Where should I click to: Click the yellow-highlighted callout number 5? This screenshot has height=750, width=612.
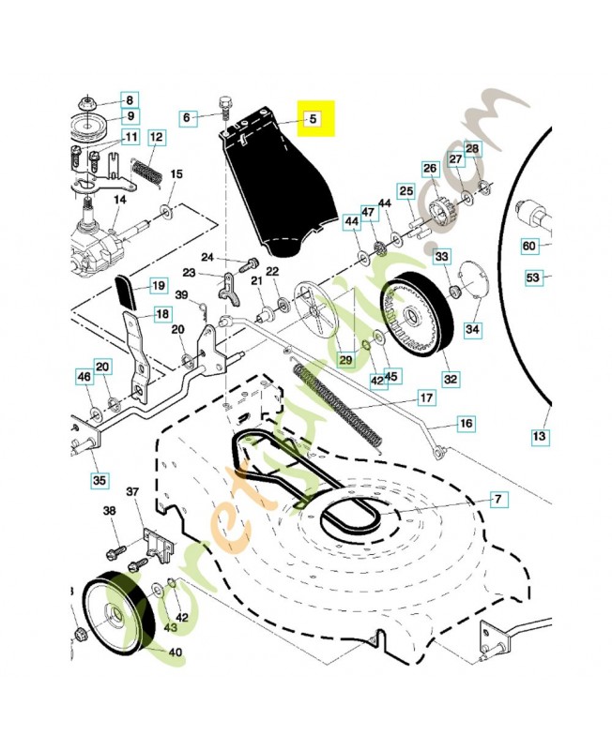coord(314,119)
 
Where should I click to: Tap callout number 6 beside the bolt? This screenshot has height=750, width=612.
coord(187,118)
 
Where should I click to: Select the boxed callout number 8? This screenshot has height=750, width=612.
coord(130,100)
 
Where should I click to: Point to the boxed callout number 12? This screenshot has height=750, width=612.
coord(156,138)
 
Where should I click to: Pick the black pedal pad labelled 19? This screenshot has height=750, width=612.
coord(128,291)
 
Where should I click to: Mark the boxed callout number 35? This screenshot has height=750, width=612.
coord(99,480)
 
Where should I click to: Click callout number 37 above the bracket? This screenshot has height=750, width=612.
coord(132,491)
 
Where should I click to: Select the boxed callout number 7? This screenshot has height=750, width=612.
coord(498,500)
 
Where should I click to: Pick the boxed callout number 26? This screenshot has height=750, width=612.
coord(430,169)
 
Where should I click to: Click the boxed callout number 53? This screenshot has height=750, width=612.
coord(533,277)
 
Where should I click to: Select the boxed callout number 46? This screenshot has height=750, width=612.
coord(84,377)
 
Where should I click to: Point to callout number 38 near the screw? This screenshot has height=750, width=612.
coord(110,511)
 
